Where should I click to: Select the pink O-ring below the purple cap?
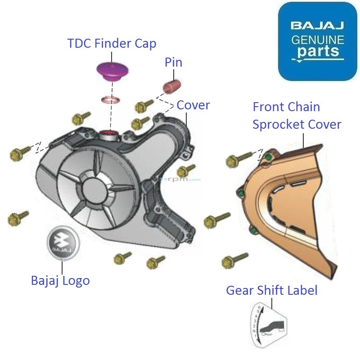tap(110, 99)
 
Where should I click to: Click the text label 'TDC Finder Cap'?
tap(112, 44)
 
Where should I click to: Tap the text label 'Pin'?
tap(173, 62)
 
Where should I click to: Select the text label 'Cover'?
tap(193, 105)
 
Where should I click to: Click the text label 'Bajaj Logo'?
tap(60, 280)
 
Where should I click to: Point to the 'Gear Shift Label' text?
tap(272, 290)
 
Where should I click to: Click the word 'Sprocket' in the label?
tap(279, 124)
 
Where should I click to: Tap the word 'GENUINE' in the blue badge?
tap(318, 39)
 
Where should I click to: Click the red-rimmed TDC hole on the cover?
tap(108, 133)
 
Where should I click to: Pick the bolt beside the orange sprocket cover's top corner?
tap(238, 159)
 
